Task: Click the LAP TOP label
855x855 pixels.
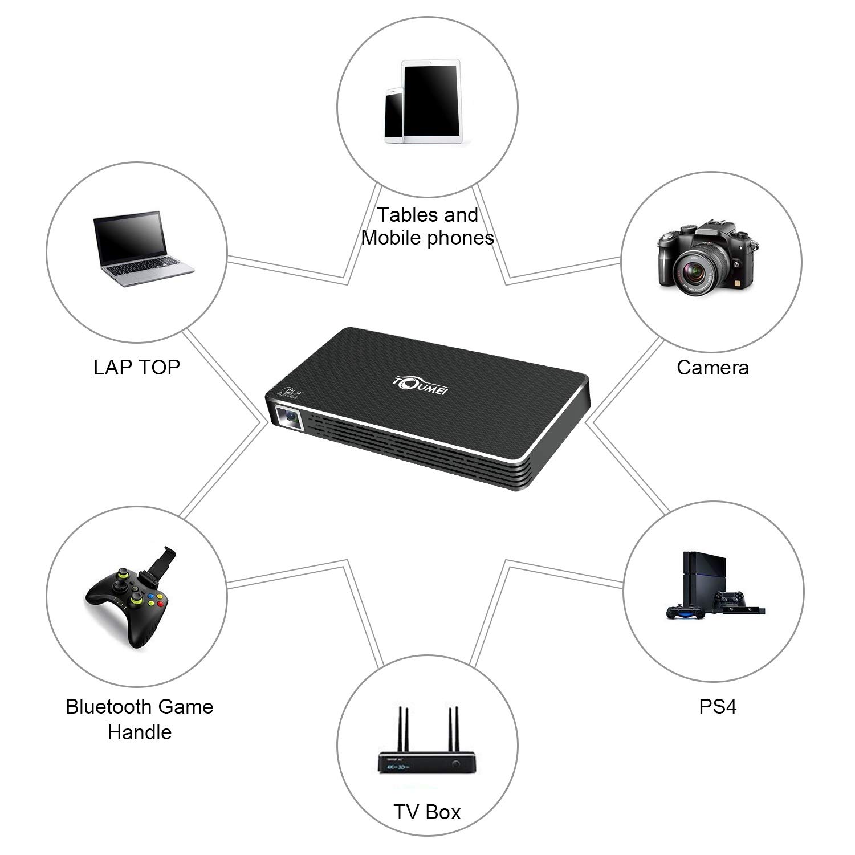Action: point(137,367)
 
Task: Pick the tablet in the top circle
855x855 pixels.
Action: point(431,100)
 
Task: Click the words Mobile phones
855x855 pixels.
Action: point(427,237)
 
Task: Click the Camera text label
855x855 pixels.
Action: point(712,368)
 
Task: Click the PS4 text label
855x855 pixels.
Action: point(718,707)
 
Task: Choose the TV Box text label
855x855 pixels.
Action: point(427,812)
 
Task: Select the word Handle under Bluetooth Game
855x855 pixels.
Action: point(140,732)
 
